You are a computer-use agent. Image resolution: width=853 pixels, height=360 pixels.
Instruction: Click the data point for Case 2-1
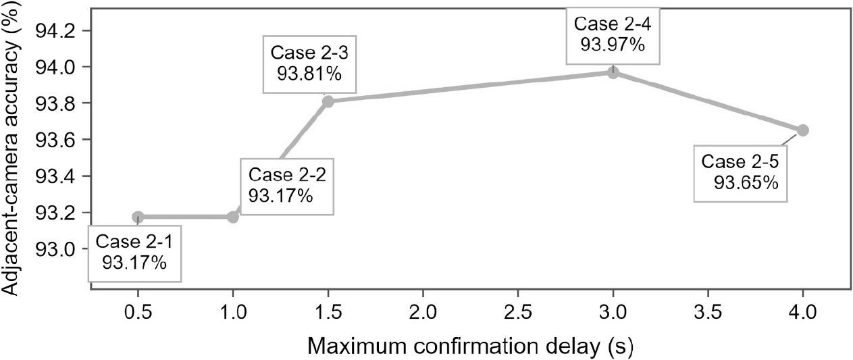[x=138, y=217]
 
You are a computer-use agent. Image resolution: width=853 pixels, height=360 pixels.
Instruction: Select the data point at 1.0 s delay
[x=233, y=217]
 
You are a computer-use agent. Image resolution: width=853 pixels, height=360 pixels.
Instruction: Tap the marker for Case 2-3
[x=328, y=101]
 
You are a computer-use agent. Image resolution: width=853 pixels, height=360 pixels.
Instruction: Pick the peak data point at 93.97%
[x=613, y=72]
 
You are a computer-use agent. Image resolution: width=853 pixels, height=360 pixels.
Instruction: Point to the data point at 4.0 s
[x=803, y=130]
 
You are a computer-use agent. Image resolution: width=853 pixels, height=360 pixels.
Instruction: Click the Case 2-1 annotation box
[x=135, y=254]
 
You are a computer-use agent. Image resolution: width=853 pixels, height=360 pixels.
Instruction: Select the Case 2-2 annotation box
[x=287, y=186]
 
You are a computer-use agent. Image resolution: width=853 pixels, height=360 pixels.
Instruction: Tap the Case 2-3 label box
[x=309, y=64]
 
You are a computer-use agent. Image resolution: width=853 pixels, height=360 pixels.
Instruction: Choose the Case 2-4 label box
[x=613, y=35]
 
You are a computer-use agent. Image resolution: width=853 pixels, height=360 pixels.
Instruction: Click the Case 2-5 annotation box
[x=740, y=174]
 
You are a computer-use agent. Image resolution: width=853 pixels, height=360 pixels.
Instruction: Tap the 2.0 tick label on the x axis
[x=423, y=313]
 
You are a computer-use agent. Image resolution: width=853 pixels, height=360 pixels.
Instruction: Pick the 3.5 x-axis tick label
[x=708, y=313]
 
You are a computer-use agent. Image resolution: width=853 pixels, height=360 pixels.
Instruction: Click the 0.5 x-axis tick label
[x=138, y=313]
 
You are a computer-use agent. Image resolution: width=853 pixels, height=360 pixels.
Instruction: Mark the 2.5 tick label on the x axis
[x=518, y=313]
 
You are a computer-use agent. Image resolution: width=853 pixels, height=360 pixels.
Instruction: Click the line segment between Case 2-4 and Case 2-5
[x=708, y=101]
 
